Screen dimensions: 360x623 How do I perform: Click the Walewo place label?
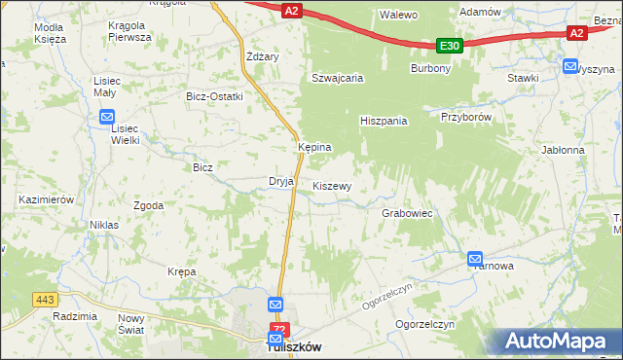(x=398, y=15)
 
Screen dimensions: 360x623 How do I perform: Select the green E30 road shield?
(x=449, y=45)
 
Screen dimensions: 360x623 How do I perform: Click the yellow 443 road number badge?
(x=46, y=299)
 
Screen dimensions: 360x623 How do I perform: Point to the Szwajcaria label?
(x=337, y=78)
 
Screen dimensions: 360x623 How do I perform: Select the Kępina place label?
(x=314, y=147)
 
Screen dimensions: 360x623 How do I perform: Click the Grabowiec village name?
(x=407, y=212)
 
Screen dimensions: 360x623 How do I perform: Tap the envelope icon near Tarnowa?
(x=475, y=259)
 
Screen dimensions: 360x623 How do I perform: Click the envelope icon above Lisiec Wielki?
(x=107, y=118)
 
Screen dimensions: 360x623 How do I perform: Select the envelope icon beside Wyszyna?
(x=570, y=66)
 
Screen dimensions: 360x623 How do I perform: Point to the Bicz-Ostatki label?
(x=214, y=96)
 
